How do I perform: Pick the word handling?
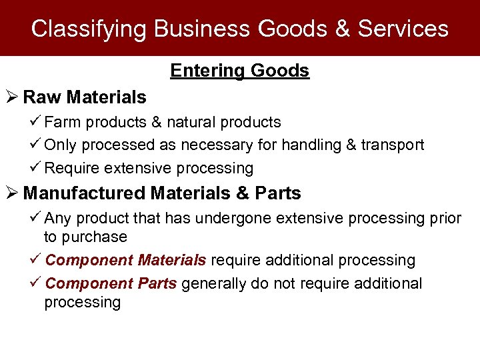coord(312,145)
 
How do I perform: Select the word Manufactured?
coord(84,194)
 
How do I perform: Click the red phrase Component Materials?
coord(126,260)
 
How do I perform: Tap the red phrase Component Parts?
coord(111,284)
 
